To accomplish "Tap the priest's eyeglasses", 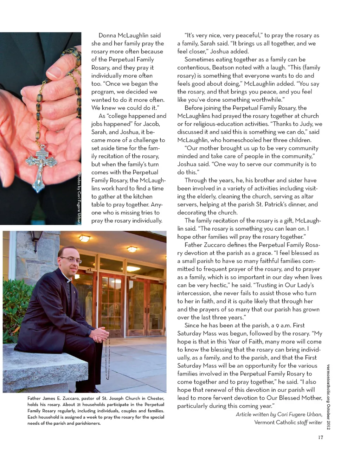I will tap(71, 260).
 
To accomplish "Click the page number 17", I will tap(320, 437).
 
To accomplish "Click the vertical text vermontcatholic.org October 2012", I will tap(328, 397).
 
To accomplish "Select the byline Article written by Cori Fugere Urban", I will tap(279, 414).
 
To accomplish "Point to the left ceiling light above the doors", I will tap(85, 239).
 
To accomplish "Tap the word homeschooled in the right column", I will tap(227, 140).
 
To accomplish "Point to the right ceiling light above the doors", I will tap(132, 249).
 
